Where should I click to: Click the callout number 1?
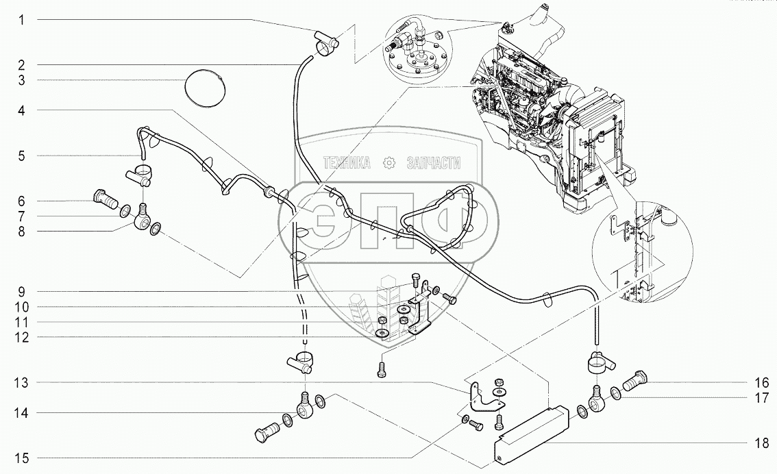pos(22,21)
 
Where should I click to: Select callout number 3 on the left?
pos(22,81)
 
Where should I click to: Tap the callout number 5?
pos(22,156)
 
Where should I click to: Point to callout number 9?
pos(22,290)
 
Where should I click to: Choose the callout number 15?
pos(22,458)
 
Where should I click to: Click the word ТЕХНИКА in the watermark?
pos(347,163)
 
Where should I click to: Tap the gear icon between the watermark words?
pos(390,163)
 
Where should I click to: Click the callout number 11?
pos(22,322)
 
